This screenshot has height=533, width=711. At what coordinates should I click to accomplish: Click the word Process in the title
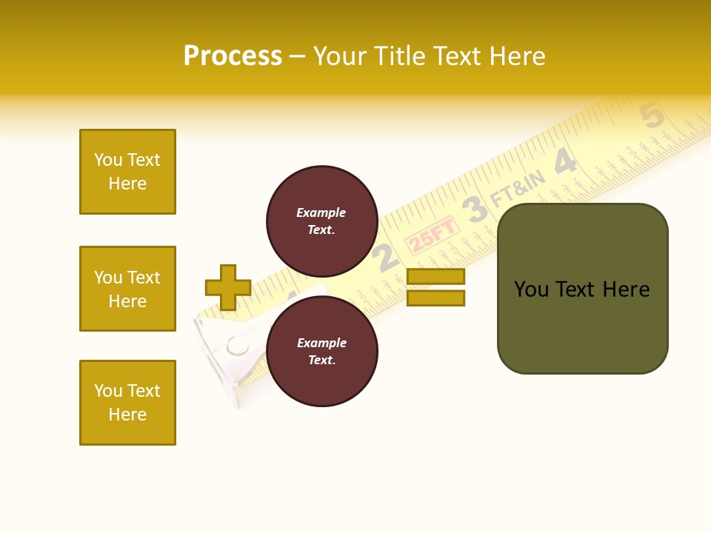click(233, 56)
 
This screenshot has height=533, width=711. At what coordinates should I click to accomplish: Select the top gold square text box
click(127, 172)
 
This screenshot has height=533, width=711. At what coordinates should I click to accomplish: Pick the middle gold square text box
click(127, 289)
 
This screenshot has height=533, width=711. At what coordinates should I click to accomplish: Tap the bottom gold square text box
click(127, 403)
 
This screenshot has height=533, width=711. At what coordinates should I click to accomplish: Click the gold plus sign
click(228, 287)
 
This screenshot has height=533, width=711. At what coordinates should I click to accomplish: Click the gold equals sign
click(435, 287)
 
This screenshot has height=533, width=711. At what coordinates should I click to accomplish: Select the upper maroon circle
click(321, 221)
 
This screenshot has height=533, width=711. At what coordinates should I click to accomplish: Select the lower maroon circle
click(321, 352)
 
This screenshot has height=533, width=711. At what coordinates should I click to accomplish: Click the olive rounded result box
click(582, 289)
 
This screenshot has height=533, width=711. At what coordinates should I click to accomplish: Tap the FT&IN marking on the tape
click(518, 190)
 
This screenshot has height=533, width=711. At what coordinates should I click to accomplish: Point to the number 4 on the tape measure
click(565, 161)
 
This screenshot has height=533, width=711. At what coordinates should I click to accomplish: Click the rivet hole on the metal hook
click(238, 345)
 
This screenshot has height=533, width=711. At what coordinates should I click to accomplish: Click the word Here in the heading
click(515, 56)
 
